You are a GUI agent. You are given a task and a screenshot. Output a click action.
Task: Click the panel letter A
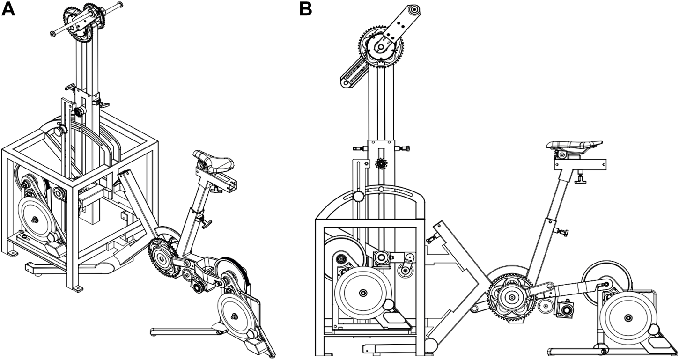pyautogui.click(x=8, y=9)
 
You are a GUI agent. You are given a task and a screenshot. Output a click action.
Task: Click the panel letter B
pyautogui.click(x=306, y=9)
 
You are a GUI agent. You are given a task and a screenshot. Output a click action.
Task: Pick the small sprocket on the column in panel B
pyautogui.click(x=381, y=164)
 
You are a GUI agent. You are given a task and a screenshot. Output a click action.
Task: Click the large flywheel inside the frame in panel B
pyautogui.click(x=362, y=292)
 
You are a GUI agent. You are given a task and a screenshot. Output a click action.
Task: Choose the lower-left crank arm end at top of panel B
pyautogui.click(x=345, y=83)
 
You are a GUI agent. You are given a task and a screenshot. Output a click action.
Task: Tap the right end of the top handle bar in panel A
pyautogui.click(x=121, y=5)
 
